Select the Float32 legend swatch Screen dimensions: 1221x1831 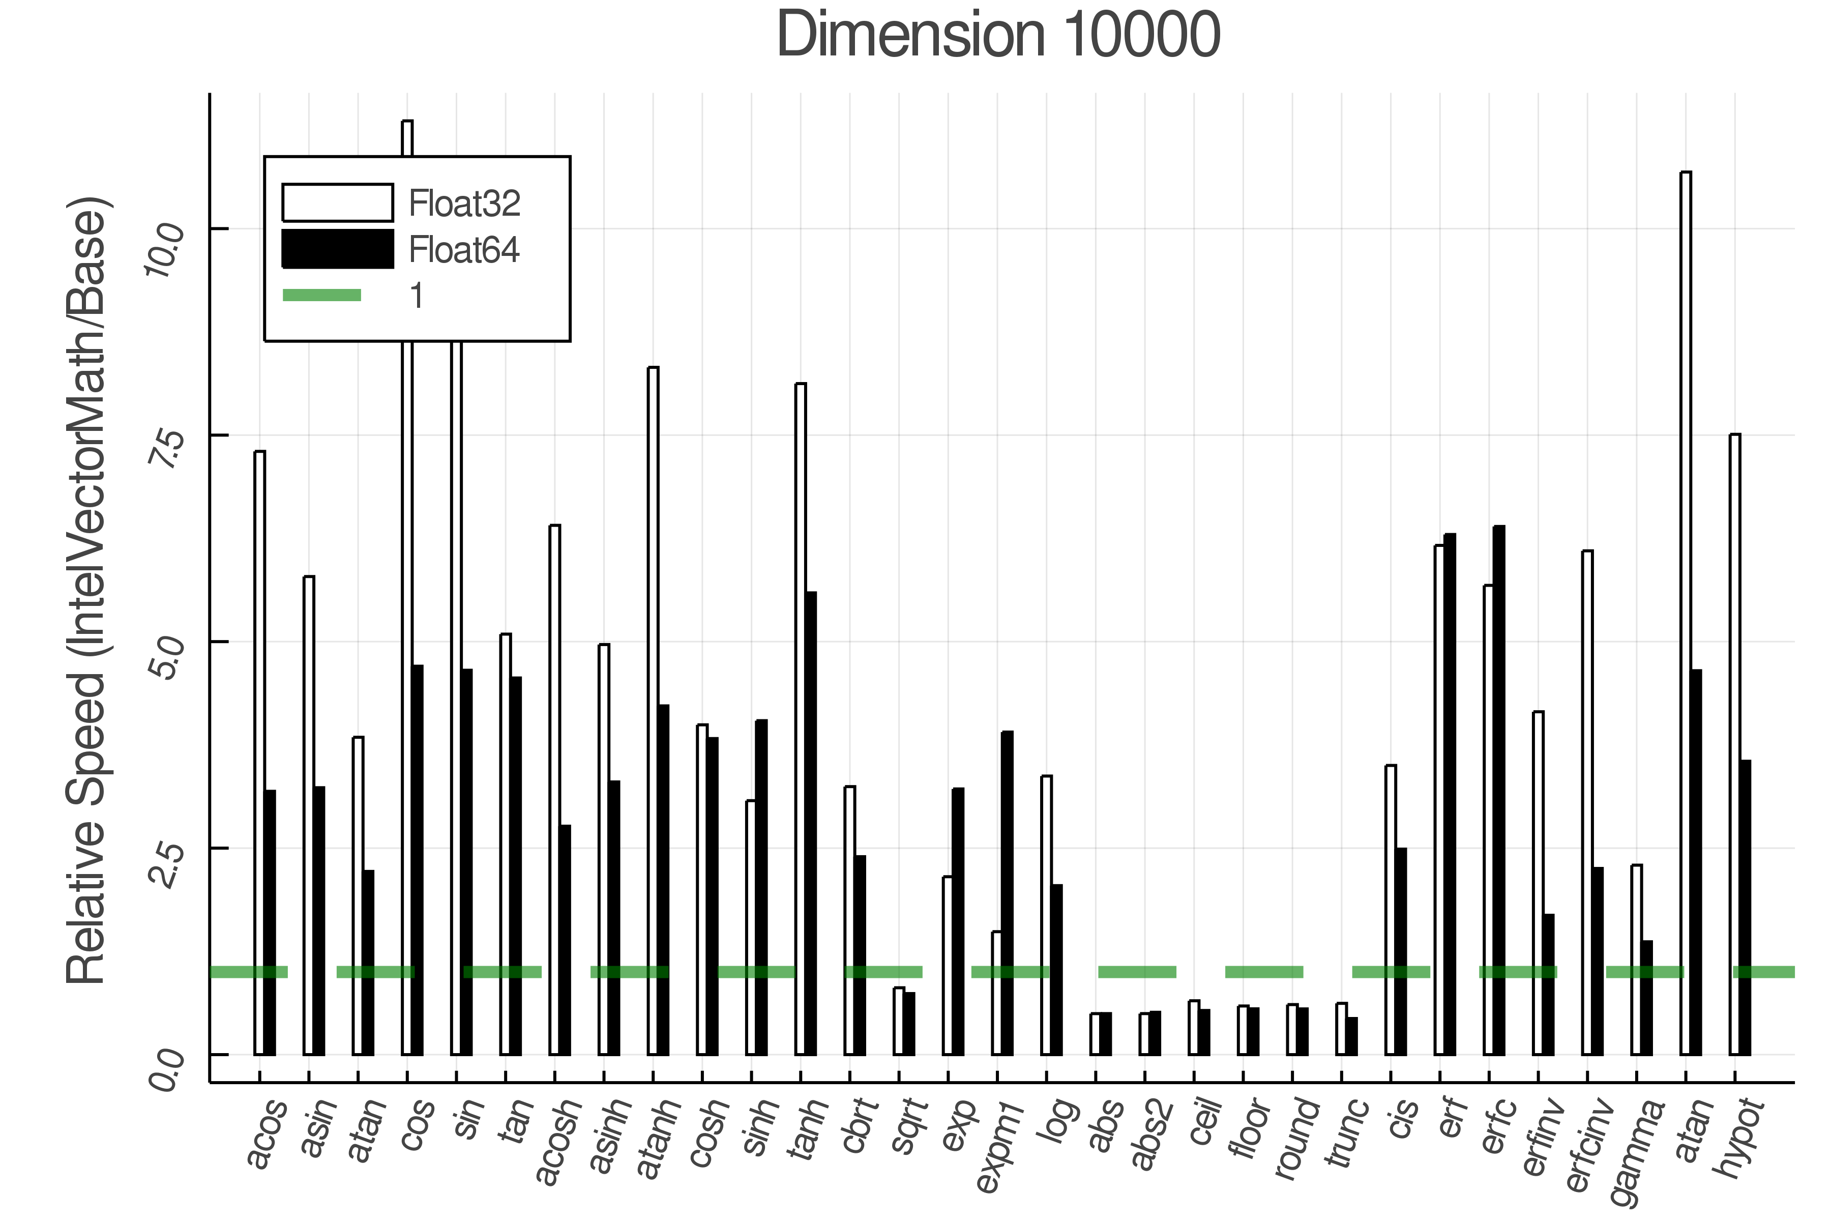337,202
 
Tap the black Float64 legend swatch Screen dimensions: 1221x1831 337,249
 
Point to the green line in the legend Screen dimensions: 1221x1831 321,295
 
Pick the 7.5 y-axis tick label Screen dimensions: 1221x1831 165,447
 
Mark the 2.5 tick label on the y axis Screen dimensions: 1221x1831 165,861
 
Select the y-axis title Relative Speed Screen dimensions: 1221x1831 87,592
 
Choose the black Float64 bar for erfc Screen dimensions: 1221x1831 1498,791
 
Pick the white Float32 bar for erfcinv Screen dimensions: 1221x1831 1586,802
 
